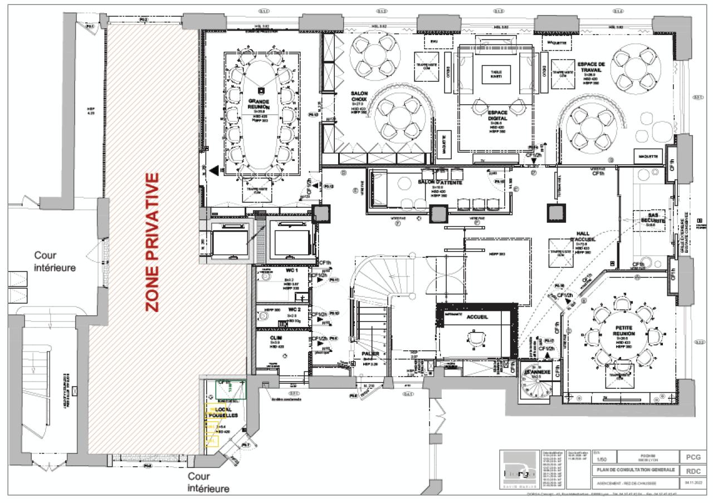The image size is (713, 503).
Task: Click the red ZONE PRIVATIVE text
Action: coord(152,242)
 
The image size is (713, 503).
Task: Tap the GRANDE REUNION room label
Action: coord(258,104)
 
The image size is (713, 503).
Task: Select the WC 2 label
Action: coord(294,309)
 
